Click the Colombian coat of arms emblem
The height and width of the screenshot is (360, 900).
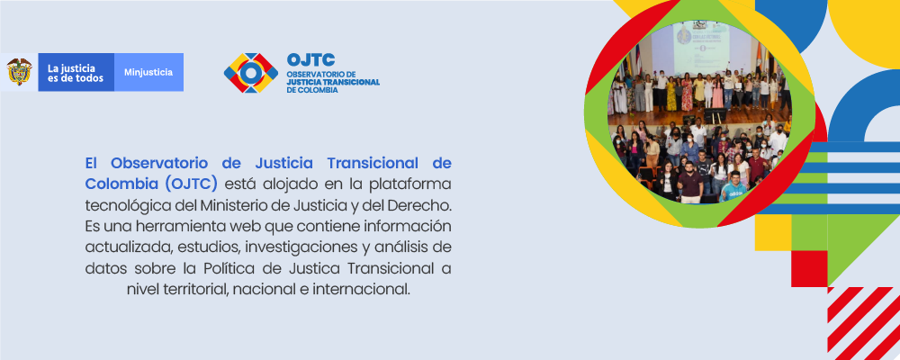click(x=20, y=72)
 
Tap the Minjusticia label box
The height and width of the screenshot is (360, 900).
click(x=148, y=72)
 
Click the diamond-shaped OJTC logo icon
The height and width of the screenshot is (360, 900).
click(x=251, y=73)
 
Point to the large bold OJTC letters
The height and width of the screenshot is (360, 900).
click(x=310, y=59)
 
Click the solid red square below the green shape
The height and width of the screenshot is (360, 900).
click(x=809, y=268)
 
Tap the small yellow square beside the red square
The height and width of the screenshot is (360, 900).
click(x=773, y=232)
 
